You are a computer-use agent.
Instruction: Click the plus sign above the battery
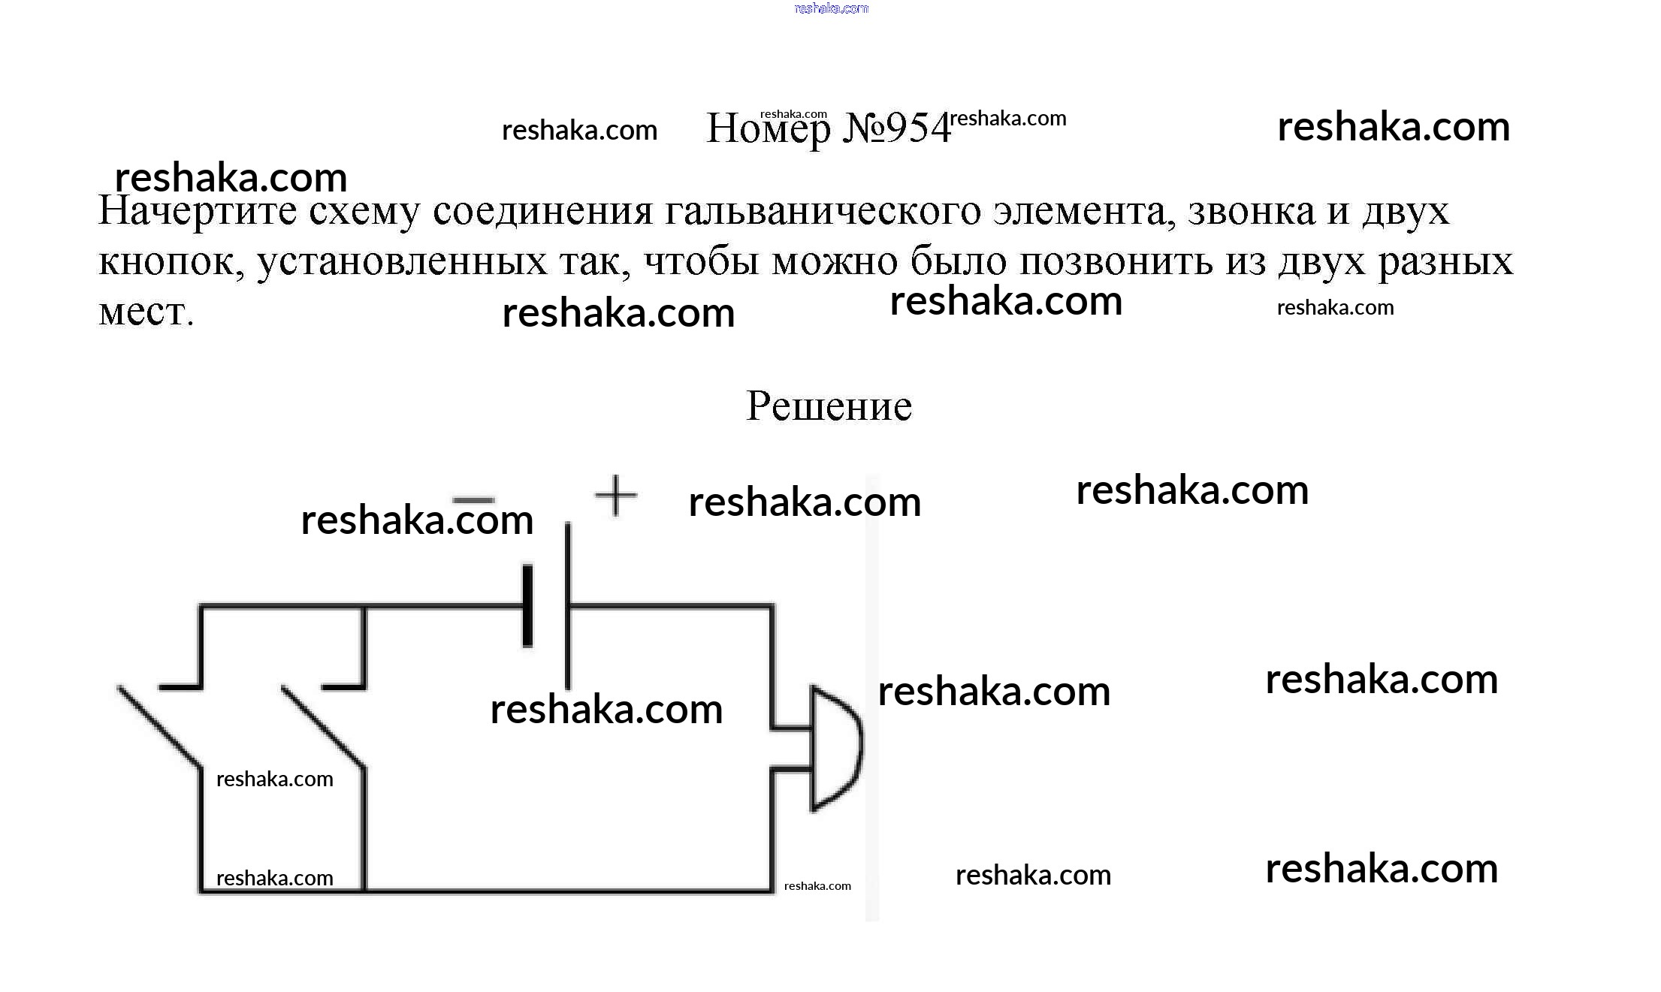(x=615, y=496)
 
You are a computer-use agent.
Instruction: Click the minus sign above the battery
(x=474, y=499)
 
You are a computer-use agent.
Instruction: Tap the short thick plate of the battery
(x=527, y=606)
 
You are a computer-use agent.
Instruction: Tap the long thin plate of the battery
(x=567, y=605)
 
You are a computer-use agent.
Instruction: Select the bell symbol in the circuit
(x=834, y=748)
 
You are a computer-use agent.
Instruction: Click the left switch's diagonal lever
(x=159, y=727)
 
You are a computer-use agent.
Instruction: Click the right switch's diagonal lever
(x=323, y=727)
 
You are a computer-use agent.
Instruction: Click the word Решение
(x=829, y=406)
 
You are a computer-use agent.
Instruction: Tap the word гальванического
(x=823, y=213)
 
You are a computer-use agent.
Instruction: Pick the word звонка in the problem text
(x=1252, y=211)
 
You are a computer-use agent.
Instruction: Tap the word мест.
(x=146, y=312)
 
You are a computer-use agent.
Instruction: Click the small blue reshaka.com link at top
(x=831, y=8)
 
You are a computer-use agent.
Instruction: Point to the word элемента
(x=1085, y=211)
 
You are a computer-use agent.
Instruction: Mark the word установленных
(x=403, y=262)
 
